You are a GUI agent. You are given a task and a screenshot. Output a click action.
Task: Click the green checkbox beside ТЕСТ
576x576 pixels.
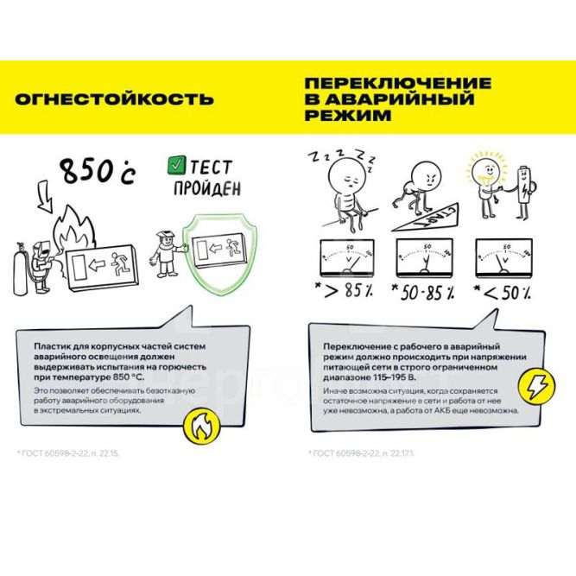[x=176, y=164]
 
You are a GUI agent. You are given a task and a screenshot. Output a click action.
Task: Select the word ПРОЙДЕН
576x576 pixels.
[x=206, y=187]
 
